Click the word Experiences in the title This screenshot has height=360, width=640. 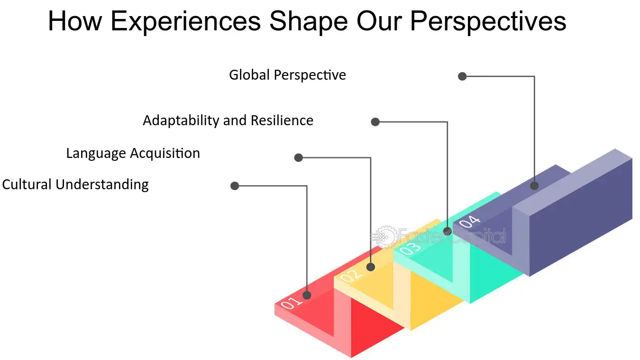coord(185,22)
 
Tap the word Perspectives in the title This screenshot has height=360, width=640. coord(488,22)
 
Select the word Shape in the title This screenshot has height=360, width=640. coord(309,22)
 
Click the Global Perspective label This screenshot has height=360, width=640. coord(287,75)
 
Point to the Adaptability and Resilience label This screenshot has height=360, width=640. coord(228,120)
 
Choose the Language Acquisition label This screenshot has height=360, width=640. coord(133,154)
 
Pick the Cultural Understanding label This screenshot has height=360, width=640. coord(75,185)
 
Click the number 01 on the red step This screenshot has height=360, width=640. coord(291,303)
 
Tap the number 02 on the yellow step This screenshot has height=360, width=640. coord(351,276)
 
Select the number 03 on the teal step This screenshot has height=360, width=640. coord(410,248)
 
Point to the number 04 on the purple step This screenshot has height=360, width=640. coord(470,221)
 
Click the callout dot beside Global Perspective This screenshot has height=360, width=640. coord(462,76)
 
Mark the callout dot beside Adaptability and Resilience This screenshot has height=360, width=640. coord(375,122)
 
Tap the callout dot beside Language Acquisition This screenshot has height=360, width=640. coord(299,157)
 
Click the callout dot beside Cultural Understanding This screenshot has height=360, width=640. coord(235,186)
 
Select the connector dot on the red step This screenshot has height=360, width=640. coord(307,295)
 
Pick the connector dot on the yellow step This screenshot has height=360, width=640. coord(371,267)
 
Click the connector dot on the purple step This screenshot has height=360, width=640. coord(534,185)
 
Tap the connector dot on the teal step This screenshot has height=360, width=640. coord(448,231)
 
